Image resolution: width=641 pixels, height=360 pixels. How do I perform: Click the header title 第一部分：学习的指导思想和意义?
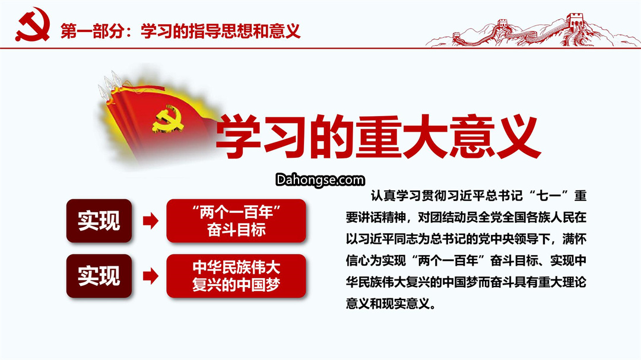click(x=180, y=31)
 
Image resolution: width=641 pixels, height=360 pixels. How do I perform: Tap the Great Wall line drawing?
click(x=531, y=30)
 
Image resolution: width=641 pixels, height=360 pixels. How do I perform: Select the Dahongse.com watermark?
click(x=320, y=180)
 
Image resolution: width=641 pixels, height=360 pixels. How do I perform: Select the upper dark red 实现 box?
click(x=99, y=221)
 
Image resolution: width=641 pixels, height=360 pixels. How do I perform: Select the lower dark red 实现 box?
click(x=99, y=276)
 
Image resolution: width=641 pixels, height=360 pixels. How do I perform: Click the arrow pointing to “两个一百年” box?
click(x=150, y=221)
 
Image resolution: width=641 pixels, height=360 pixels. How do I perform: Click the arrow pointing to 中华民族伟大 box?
click(x=150, y=276)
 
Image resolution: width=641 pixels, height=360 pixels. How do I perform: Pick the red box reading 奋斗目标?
click(x=236, y=221)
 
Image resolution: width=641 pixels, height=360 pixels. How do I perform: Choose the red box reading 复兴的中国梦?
click(x=236, y=276)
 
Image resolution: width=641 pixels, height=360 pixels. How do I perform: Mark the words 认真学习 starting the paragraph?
click(x=396, y=196)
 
